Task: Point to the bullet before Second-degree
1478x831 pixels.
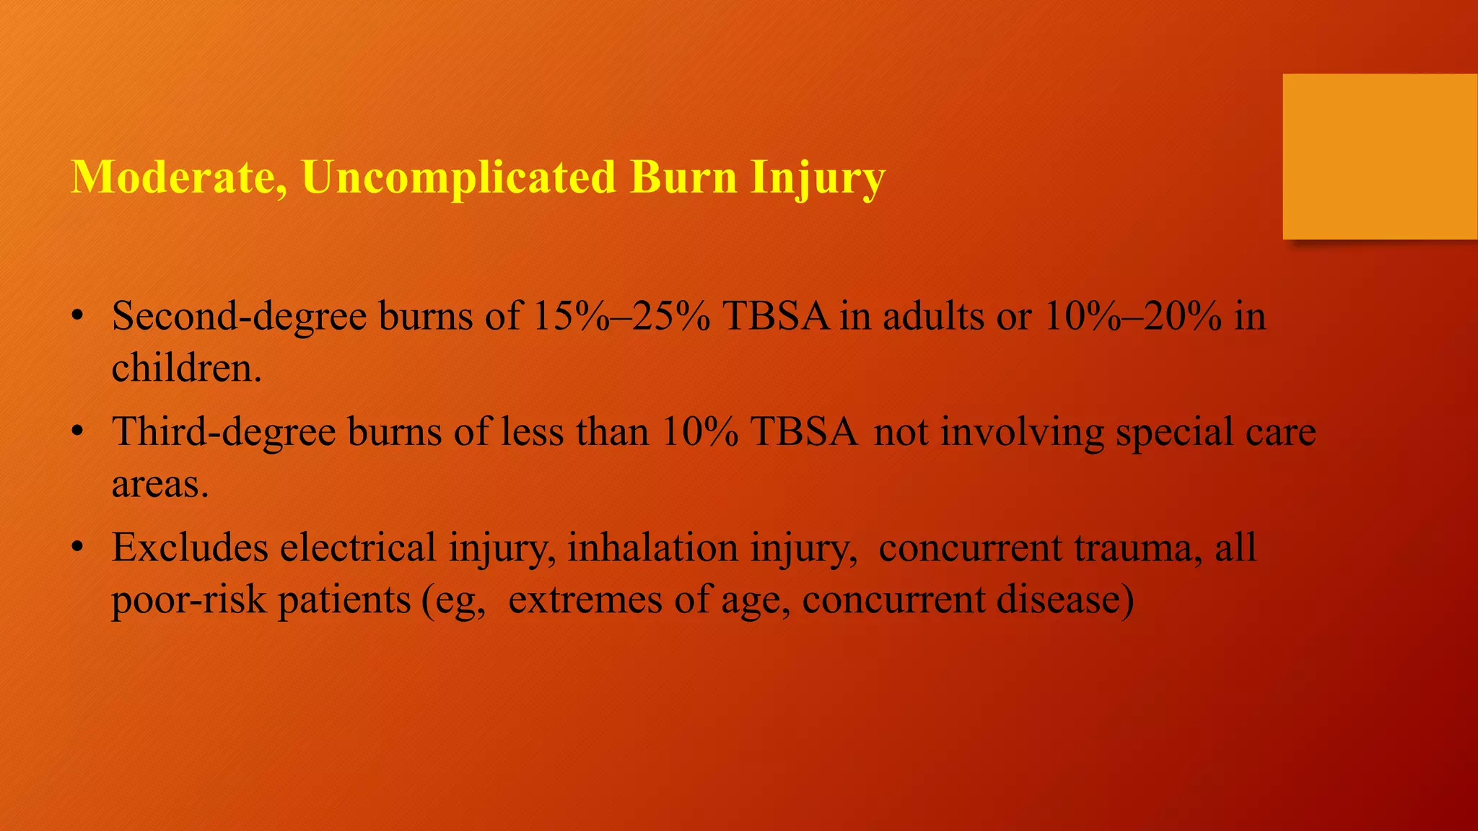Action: point(77,317)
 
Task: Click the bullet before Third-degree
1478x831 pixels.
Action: point(77,432)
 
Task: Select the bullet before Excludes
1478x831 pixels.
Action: point(77,548)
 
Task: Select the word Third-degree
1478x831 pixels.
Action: point(224,432)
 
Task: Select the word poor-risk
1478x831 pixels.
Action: point(188,599)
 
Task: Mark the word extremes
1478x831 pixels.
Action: point(585,599)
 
